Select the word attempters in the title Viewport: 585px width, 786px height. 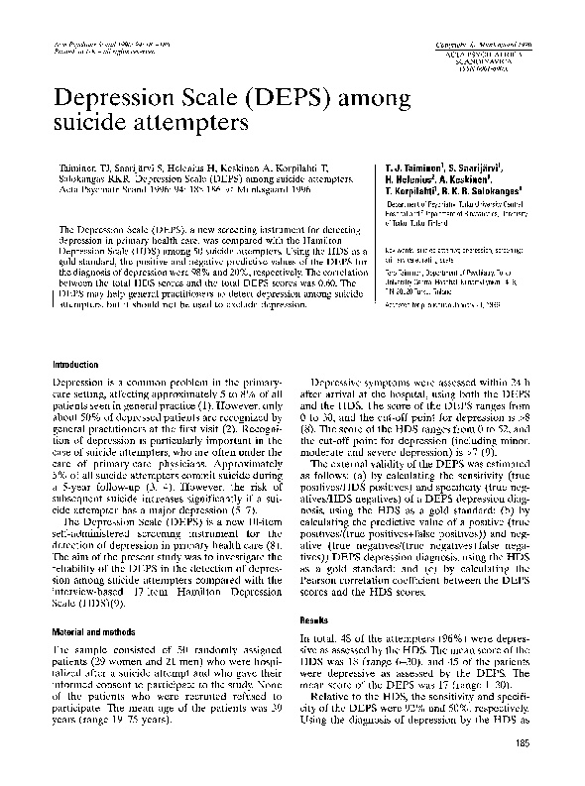186,126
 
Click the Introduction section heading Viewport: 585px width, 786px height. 78,365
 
